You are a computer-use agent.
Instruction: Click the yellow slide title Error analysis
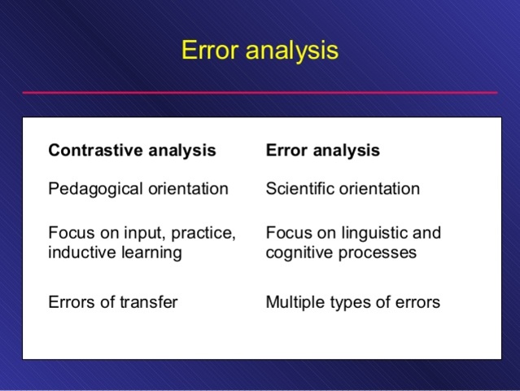point(260,51)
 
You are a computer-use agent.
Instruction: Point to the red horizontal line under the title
point(260,93)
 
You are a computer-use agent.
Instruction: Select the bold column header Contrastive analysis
point(132,151)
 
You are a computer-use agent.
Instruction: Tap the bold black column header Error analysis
point(322,151)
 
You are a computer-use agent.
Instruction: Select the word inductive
point(79,253)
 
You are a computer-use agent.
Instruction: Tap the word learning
point(148,253)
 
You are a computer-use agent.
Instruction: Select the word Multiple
point(295,302)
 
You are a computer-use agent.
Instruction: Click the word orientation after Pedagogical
point(187,190)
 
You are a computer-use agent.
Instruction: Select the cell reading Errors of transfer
point(113,302)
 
